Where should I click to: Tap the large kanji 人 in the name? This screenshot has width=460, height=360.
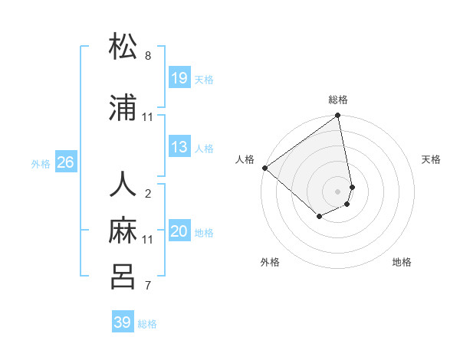(123, 185)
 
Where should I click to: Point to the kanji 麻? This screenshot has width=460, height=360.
(123, 230)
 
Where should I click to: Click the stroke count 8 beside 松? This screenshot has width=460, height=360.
(148, 56)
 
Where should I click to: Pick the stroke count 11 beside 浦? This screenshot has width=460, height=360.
(148, 117)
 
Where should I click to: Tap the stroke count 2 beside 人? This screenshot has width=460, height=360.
(148, 193)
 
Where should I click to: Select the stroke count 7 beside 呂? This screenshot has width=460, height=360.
(148, 286)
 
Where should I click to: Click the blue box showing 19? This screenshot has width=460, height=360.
(179, 78)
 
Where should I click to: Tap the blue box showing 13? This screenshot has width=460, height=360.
(179, 147)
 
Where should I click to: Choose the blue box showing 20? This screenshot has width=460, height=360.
(179, 231)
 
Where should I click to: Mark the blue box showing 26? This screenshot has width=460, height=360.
(66, 162)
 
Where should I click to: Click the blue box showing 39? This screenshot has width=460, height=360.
(123, 322)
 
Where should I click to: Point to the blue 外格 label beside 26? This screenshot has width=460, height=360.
(41, 163)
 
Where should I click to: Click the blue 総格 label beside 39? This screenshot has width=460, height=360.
(148, 324)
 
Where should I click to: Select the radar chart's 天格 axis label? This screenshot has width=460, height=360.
(432, 159)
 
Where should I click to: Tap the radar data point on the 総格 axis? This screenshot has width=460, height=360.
(338, 116)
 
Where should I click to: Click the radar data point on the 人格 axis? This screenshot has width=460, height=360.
(264, 168)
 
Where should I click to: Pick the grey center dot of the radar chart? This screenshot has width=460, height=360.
(338, 191)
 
